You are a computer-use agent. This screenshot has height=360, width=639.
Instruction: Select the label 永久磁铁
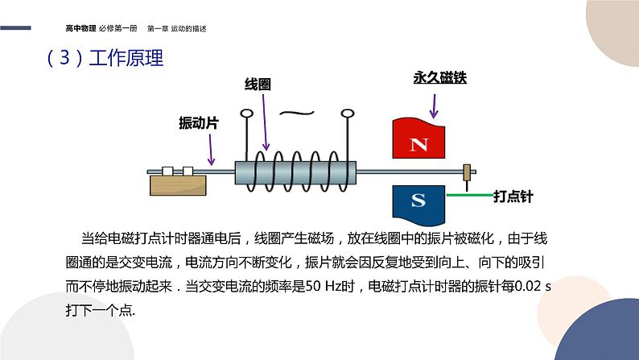click(439, 79)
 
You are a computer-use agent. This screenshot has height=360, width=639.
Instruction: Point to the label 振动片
click(198, 124)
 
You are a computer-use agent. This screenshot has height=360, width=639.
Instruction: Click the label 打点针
click(513, 196)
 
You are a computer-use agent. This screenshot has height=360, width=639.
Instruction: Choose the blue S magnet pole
click(418, 201)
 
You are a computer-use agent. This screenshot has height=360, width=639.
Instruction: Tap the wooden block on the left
click(178, 184)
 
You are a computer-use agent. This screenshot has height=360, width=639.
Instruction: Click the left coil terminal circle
click(246, 114)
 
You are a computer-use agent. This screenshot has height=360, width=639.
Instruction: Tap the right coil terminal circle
click(348, 114)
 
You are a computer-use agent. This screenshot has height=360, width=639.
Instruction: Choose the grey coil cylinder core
click(295, 172)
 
